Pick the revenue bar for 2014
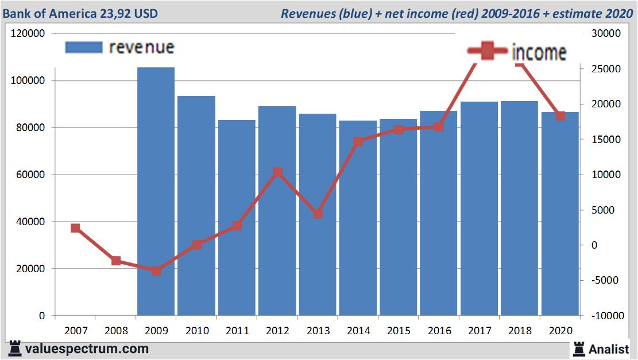point(358,218)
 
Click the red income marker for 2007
point(75,229)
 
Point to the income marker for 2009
point(156,270)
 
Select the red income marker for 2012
point(277,172)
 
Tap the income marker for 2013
point(318,214)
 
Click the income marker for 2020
point(560,116)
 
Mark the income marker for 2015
point(399,130)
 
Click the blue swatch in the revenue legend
point(84,47)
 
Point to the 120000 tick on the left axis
point(28,34)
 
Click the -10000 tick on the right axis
point(606,316)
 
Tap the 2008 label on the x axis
point(115,331)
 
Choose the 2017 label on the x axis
point(479,331)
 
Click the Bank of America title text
point(80,13)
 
